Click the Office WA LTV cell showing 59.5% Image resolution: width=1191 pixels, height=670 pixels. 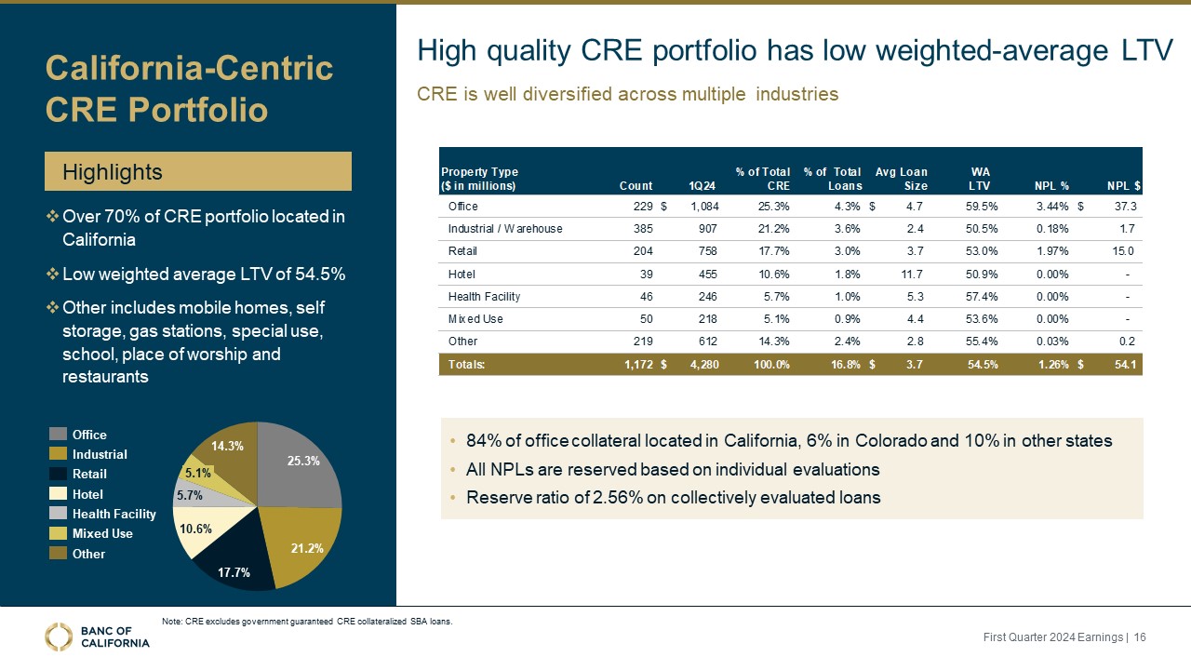tap(982, 206)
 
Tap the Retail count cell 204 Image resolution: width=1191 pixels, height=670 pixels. tap(639, 251)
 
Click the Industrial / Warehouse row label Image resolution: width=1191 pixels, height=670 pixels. tap(505, 229)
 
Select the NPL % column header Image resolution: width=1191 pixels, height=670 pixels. tap(1051, 185)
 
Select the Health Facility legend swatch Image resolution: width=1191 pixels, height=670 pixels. tap(59, 514)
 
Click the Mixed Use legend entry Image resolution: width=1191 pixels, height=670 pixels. tap(101, 533)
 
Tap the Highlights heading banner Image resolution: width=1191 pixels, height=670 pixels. tap(198, 172)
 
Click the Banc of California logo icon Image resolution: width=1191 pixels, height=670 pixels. tap(59, 636)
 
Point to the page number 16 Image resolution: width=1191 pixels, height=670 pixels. tap(1140, 636)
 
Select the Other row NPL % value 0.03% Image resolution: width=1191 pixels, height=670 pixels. tap(1051, 342)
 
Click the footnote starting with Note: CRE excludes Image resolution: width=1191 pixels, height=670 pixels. tap(307, 622)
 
